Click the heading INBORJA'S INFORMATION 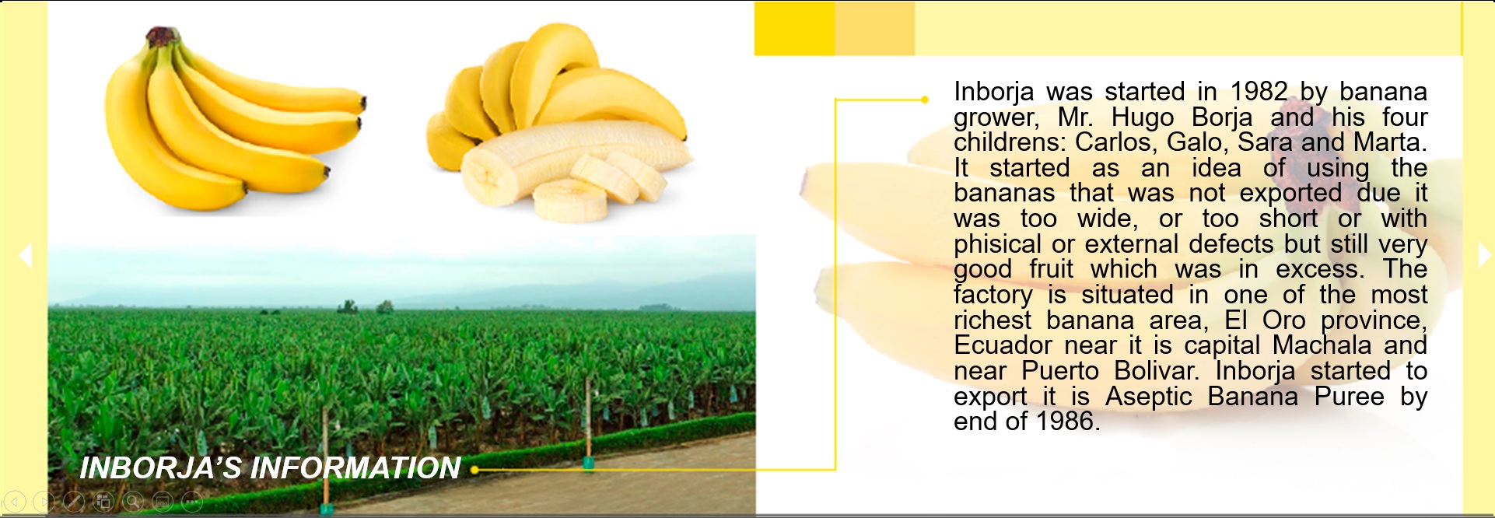pos(270,467)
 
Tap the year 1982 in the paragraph pos(1259,92)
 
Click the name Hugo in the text pos(1143,117)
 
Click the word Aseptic pos(1148,397)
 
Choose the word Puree pos(1350,397)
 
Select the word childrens pos(1010,142)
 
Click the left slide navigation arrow pos(26,255)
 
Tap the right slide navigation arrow pos(1484,255)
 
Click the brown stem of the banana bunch pos(162,36)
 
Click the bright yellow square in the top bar pos(794,28)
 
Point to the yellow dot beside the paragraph pos(924,100)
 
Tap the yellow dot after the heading pos(474,470)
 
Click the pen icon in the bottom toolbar pos(74,502)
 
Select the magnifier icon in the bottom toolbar pos(133,502)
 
